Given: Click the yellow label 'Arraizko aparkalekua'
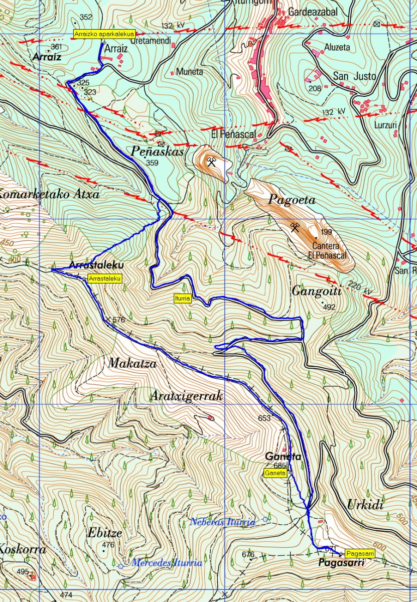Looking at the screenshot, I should pos(104,34).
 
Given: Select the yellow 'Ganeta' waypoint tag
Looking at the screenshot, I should pos(275,473).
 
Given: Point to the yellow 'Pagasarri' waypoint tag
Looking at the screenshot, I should pos(360,553).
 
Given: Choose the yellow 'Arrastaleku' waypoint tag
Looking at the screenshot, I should pos(104,278).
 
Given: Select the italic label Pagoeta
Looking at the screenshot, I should pos(292,200).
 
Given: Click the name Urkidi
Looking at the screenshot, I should pos(365,505).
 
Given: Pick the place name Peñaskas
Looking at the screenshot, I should pos(158,151).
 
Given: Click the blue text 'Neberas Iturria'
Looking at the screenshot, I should pos(222,522).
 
